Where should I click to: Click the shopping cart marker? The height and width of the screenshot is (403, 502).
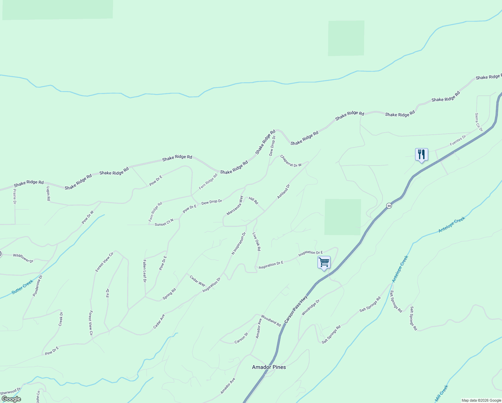(324, 262)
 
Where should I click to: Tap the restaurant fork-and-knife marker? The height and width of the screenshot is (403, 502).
(421, 154)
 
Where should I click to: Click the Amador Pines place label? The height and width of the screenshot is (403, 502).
(269, 367)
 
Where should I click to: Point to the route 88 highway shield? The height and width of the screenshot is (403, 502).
(389, 206)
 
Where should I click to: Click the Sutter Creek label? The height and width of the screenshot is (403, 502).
(22, 287)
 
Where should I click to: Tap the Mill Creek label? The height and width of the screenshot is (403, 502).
(441, 394)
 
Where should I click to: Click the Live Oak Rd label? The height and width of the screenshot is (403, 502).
(257, 242)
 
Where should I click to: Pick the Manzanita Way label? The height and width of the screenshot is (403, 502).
(235, 206)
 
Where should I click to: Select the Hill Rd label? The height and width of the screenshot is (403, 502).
(253, 200)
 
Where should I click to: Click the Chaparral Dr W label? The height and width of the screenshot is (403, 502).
(291, 161)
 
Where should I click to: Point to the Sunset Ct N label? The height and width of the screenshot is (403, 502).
(164, 222)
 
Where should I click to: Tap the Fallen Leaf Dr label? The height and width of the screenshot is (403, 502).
(145, 271)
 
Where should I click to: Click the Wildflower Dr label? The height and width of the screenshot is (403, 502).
(23, 258)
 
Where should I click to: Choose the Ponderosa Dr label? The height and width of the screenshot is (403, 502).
(38, 286)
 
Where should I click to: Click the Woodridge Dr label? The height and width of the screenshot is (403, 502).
(310, 308)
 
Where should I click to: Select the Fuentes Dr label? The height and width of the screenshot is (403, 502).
(458, 140)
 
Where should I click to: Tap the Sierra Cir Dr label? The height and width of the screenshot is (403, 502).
(479, 122)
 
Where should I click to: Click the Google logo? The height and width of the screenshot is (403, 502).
(11, 399)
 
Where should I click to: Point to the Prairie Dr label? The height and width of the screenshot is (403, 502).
(14, 196)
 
